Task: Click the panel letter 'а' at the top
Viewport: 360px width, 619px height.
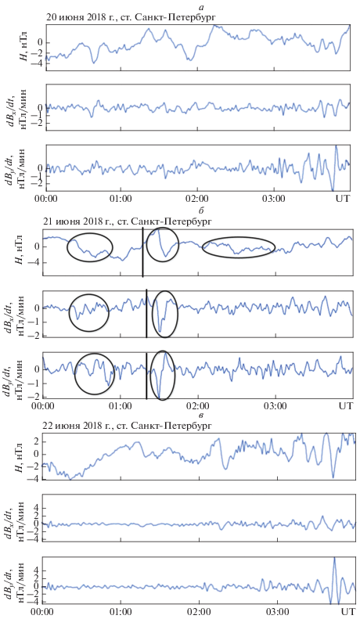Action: (203, 7)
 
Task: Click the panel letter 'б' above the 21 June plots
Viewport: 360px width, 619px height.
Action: (202, 211)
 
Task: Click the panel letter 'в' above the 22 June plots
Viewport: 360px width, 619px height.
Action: (202, 416)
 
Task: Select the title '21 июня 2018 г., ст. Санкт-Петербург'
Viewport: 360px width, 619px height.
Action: (127, 221)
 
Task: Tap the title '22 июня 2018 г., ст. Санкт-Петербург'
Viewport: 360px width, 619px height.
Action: (127, 426)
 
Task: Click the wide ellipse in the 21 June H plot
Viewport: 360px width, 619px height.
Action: (239, 247)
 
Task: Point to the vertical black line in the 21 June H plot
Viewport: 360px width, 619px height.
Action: (142, 253)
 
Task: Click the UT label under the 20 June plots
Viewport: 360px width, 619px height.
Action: (342, 198)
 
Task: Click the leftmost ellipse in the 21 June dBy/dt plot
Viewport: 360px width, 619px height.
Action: (95, 373)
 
